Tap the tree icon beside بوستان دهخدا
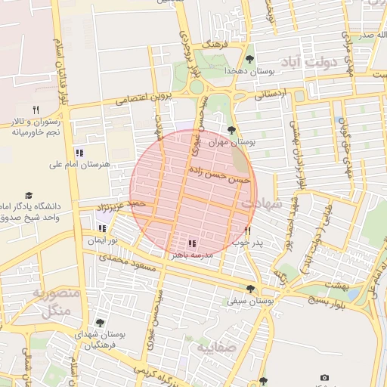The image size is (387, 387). coord(251,60)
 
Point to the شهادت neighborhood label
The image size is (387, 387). coord(261,203)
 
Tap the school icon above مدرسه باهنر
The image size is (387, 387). coord(192,243)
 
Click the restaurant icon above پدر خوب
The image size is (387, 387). coord(247,231)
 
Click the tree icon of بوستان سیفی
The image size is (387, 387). coord(250,289)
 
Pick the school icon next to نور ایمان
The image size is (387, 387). coord(102,229)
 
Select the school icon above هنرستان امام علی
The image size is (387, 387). coord(79,153)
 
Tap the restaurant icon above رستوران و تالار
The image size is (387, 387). coord(36,110)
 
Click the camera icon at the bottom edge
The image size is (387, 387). coord(324,377)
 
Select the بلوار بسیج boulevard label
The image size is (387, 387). coord(327,299)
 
